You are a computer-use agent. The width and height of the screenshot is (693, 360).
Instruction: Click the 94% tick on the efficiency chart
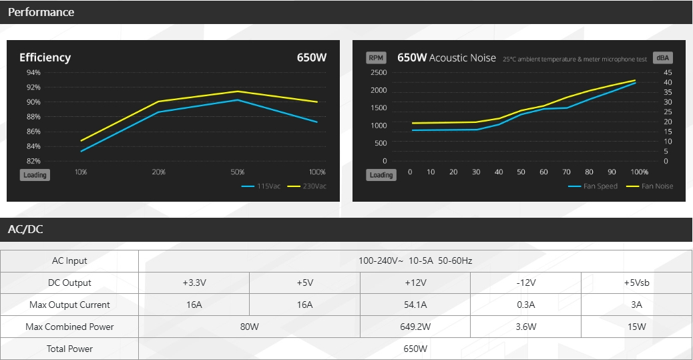point(33,73)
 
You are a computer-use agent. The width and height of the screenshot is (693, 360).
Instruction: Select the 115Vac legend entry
point(261,186)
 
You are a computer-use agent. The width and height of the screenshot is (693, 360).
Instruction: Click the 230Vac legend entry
point(306,186)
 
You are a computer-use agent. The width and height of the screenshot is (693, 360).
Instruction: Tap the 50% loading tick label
point(237,172)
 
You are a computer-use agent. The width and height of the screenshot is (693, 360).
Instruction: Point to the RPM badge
point(376,58)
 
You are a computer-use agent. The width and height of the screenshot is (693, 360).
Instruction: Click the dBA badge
point(662,58)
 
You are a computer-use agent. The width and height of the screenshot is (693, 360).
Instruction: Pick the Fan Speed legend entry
point(593,186)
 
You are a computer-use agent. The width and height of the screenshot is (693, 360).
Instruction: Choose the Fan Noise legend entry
point(650,186)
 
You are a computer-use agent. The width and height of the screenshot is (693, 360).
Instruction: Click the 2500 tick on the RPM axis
point(379,73)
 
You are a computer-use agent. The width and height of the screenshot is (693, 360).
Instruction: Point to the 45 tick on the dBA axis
point(668,73)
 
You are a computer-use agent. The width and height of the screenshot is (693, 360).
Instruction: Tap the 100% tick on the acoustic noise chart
point(639,172)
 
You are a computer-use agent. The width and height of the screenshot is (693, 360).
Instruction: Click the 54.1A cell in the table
point(415,305)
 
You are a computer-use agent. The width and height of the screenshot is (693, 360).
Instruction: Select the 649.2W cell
point(415,327)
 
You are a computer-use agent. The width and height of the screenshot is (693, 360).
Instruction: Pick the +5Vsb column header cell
point(636,283)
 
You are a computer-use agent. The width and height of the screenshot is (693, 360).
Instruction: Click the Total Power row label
point(69,349)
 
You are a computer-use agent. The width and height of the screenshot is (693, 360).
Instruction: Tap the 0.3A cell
point(526,305)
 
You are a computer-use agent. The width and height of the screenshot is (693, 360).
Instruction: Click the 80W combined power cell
point(249,327)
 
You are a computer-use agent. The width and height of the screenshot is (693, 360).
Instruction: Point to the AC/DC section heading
point(25,230)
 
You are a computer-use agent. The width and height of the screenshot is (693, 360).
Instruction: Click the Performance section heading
point(41,12)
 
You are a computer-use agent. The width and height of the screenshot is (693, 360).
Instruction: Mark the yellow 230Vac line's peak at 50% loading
point(237,92)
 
